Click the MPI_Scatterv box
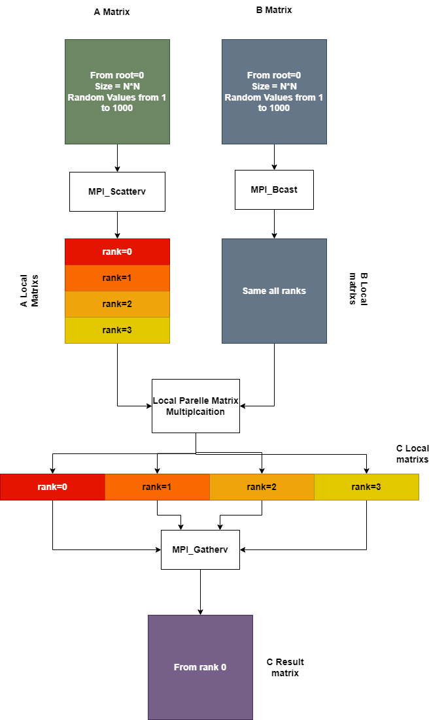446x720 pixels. pyautogui.click(x=117, y=191)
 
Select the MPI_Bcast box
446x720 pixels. pyautogui.click(x=274, y=189)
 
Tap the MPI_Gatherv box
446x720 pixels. pyautogui.click(x=200, y=549)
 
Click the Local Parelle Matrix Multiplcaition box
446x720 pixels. pyautogui.click(x=196, y=406)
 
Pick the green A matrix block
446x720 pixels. pyautogui.click(x=117, y=91)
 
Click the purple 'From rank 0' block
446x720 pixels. pyautogui.click(x=200, y=667)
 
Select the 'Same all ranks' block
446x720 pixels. pyautogui.click(x=274, y=291)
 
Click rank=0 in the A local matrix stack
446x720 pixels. pyautogui.click(x=117, y=252)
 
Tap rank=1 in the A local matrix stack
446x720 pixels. pyautogui.click(x=117, y=278)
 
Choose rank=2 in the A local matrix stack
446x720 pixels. pyautogui.click(x=117, y=304)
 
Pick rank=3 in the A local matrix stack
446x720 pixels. pyautogui.click(x=117, y=330)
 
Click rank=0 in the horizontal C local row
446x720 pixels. pyautogui.click(x=52, y=487)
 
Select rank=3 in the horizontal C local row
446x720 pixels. pyautogui.click(x=366, y=487)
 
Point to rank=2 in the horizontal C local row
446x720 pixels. pyautogui.click(x=262, y=487)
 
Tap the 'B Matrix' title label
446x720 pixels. pyautogui.click(x=273, y=10)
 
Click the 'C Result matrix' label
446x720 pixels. pyautogui.click(x=285, y=667)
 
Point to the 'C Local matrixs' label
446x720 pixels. pyautogui.click(x=413, y=453)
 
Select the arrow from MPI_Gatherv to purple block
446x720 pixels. pyautogui.click(x=200, y=592)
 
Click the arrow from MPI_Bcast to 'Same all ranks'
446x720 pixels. pyautogui.click(x=274, y=223)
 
